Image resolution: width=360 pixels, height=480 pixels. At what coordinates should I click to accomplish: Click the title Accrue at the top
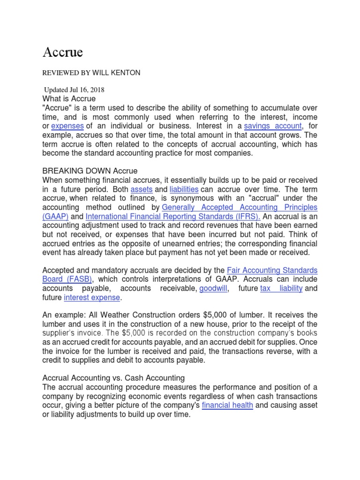tap(62, 52)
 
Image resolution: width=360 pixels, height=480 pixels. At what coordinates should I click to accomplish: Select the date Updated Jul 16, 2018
tap(74, 90)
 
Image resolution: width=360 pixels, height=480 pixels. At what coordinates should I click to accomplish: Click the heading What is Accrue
tap(69, 99)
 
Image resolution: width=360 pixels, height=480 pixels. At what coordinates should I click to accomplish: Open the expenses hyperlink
tap(67, 126)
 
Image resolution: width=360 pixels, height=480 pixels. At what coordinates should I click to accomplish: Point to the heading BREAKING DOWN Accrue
tap(90, 171)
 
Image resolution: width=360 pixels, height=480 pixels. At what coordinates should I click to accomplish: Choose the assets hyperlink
tap(142, 189)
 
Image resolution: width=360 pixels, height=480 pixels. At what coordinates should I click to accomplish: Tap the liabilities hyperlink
tap(184, 189)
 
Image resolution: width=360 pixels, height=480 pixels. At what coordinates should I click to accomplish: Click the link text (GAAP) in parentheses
tap(56, 217)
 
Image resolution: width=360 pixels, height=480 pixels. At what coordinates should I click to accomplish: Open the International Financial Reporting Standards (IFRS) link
tap(173, 217)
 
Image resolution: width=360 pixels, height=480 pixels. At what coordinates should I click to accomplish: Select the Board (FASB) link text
tap(66, 280)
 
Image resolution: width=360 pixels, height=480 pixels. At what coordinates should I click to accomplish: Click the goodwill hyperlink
tap(213, 289)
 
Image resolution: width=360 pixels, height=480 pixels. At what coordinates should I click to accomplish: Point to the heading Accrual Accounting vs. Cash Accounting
tap(114, 378)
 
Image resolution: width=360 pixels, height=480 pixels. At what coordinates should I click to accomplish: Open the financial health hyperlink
tap(227, 405)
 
